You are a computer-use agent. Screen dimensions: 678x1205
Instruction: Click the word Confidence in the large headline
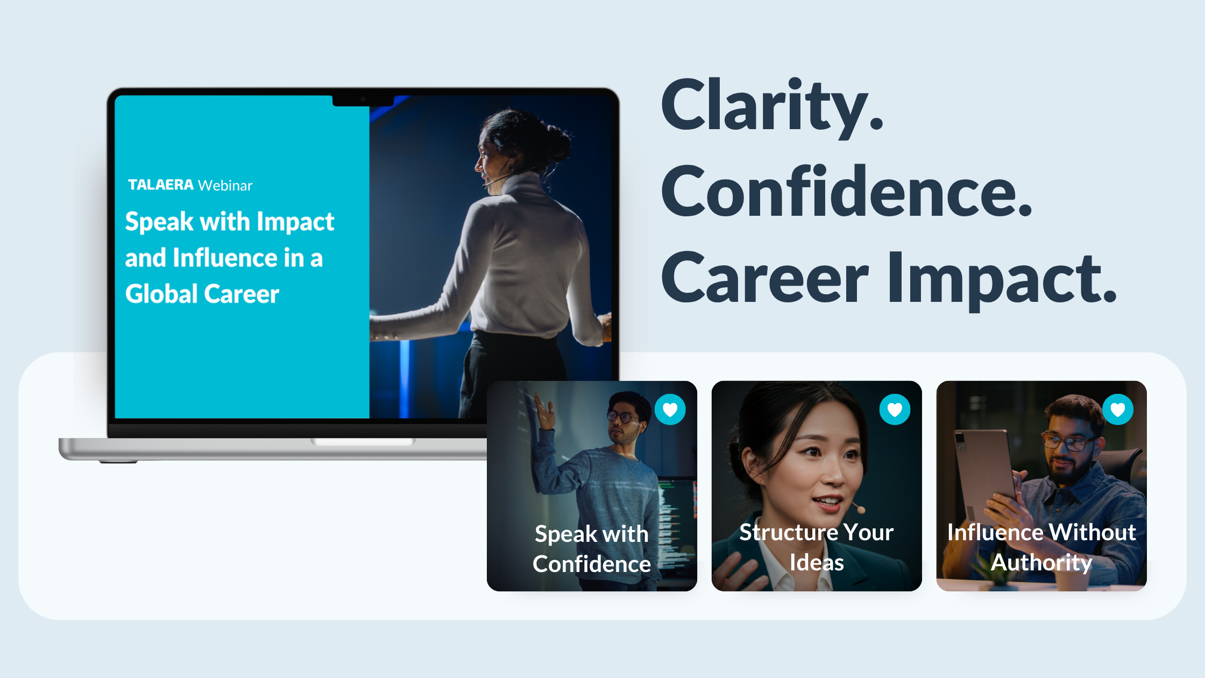pos(846,193)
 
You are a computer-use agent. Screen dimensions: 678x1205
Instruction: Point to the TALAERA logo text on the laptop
pos(160,185)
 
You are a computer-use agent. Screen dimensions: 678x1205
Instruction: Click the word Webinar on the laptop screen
pos(225,186)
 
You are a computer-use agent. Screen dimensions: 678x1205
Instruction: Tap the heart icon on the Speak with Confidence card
pos(670,409)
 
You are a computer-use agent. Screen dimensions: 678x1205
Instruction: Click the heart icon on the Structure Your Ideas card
pos(895,409)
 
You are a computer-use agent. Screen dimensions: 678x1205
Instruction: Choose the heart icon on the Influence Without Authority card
pos(1118,409)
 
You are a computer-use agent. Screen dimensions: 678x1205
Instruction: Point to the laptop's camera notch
pos(363,100)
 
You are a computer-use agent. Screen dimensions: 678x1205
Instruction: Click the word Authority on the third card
pos(1041,563)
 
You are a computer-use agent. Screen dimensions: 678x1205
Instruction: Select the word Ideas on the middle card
pos(817,563)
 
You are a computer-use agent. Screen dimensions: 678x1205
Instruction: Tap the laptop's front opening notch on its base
pos(363,442)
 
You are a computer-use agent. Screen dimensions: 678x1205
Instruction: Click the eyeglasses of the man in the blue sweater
pos(623,416)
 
